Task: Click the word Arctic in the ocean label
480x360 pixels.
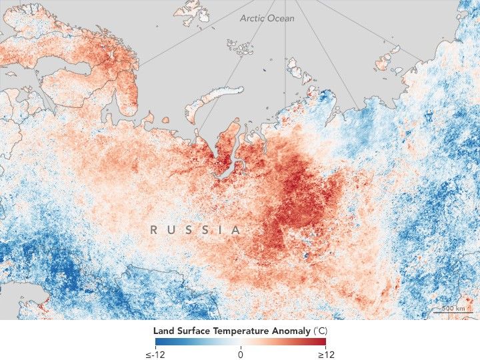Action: (x=253, y=18)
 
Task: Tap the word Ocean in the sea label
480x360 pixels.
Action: (x=281, y=18)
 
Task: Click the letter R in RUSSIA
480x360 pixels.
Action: (x=154, y=230)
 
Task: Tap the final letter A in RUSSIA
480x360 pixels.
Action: (x=236, y=230)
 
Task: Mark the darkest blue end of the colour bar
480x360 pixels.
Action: (x=157, y=342)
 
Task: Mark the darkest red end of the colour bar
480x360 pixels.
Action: (x=323, y=342)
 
